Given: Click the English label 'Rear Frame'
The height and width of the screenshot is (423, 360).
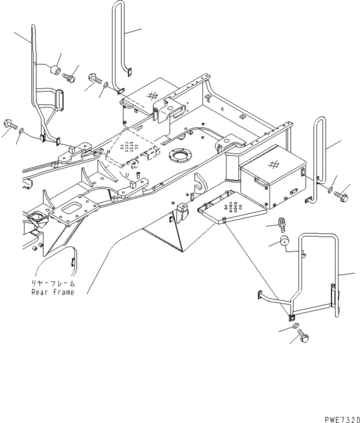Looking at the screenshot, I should click(52, 292).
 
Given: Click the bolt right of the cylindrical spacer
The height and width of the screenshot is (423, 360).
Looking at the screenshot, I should click(69, 77).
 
